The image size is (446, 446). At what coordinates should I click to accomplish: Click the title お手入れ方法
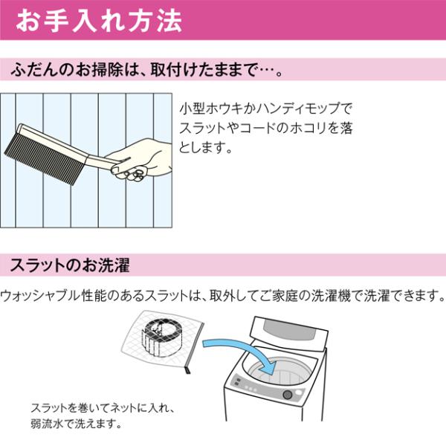click(x=99, y=21)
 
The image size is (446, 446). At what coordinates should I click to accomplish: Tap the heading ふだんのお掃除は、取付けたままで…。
click(x=146, y=69)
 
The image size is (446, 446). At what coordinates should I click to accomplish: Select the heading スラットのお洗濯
click(x=70, y=265)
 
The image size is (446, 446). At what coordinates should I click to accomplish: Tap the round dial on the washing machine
click(x=287, y=395)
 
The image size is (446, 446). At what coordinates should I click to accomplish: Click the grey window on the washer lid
click(x=291, y=329)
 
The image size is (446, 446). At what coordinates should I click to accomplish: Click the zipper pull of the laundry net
click(x=187, y=370)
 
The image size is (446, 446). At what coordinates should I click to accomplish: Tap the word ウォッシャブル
click(x=40, y=296)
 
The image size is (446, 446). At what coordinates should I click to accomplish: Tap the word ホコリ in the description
click(x=308, y=128)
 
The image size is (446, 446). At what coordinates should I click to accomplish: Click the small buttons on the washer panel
click(x=251, y=389)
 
